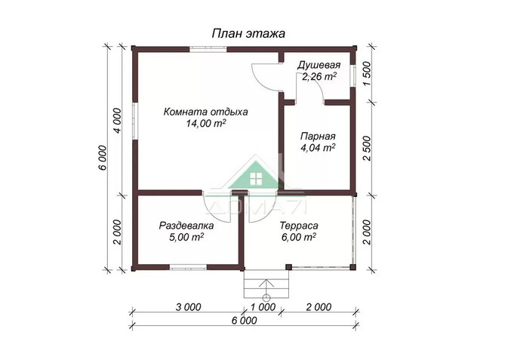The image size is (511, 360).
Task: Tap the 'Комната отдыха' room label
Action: pyautogui.click(x=206, y=112)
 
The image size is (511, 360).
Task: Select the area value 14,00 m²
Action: pyautogui.click(x=206, y=125)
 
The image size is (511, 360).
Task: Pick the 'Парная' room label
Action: pyautogui.click(x=318, y=137)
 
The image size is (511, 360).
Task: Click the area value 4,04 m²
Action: pyautogui.click(x=318, y=149)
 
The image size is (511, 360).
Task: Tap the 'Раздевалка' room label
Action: pyautogui.click(x=186, y=226)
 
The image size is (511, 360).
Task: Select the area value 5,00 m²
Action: pyautogui.click(x=186, y=238)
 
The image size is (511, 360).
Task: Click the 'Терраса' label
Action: pyautogui.click(x=298, y=226)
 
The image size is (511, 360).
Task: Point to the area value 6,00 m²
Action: pyautogui.click(x=298, y=238)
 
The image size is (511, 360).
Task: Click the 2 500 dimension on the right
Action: pyautogui.click(x=367, y=144)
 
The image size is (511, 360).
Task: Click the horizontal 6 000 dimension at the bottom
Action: pyautogui.click(x=243, y=320)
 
